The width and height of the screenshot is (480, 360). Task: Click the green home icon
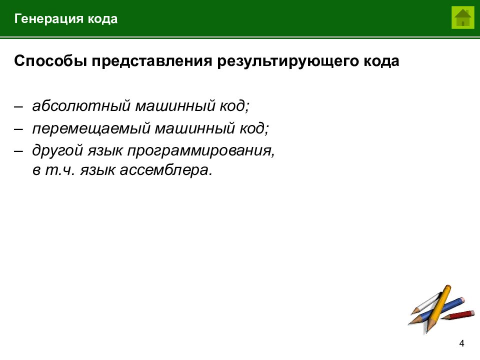tap(463, 18)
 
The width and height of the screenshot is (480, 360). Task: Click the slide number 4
tap(461, 343)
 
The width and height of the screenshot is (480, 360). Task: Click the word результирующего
tap(284, 62)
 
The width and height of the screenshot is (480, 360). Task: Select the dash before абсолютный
tap(18, 106)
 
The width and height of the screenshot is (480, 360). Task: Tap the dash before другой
tap(18, 150)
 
